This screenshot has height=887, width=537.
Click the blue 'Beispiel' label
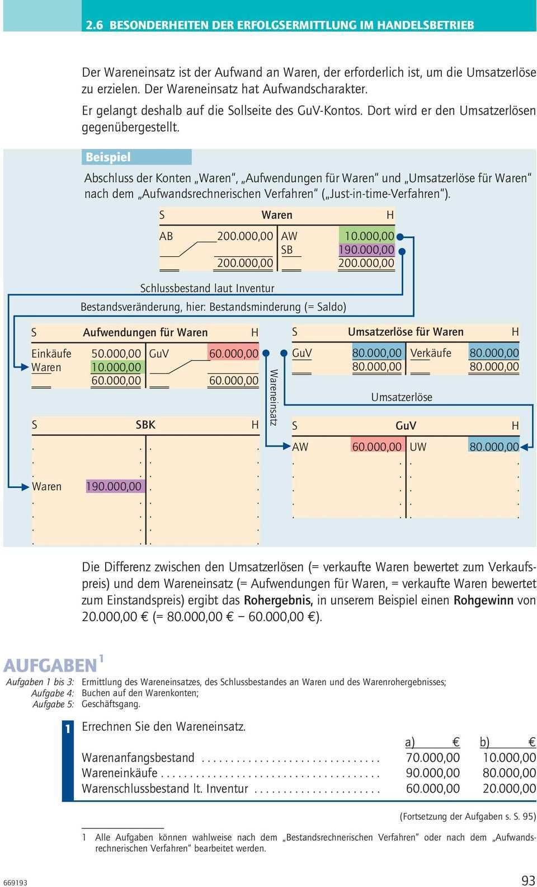(108, 157)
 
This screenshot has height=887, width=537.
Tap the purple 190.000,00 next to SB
(366, 250)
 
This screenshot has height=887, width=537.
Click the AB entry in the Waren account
(166, 236)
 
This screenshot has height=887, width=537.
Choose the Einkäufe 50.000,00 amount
(116, 354)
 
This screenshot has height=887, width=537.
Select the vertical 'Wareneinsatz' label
(274, 397)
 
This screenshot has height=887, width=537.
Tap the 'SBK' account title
(145, 425)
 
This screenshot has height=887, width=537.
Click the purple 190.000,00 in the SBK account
(114, 486)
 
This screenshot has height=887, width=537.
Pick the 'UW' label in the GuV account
(418, 447)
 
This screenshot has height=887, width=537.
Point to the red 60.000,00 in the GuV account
(376, 447)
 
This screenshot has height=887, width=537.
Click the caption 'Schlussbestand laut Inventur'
(207, 288)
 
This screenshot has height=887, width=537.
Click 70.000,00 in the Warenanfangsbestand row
(433, 758)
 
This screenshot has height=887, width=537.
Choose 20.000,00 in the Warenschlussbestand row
(508, 789)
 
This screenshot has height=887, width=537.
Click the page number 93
(527, 880)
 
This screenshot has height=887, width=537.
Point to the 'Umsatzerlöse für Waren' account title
(406, 332)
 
